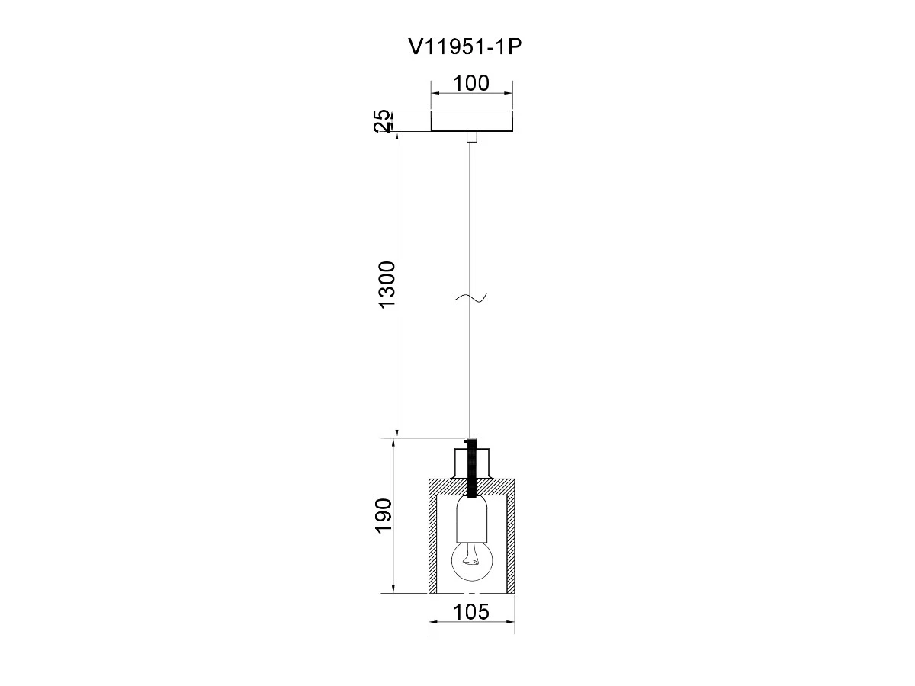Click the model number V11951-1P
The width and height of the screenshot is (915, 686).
[465, 47]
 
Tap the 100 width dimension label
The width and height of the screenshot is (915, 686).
[471, 83]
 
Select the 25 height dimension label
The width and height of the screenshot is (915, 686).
[382, 120]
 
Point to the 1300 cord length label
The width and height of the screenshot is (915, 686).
[387, 284]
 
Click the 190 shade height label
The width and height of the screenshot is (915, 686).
[384, 515]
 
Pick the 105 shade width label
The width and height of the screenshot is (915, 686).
[471, 612]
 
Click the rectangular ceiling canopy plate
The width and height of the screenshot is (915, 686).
[471, 120]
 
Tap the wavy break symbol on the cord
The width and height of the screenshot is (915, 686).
[471, 297]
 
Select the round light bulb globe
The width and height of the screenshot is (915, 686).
[472, 561]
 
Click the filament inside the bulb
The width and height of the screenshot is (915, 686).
[471, 556]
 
